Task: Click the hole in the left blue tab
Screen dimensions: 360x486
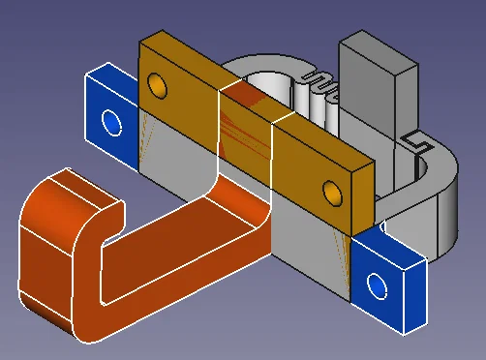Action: click(110, 123)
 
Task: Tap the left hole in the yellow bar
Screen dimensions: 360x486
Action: click(155, 88)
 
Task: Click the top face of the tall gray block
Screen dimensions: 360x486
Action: click(374, 45)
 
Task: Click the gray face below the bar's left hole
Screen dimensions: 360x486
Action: click(174, 145)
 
